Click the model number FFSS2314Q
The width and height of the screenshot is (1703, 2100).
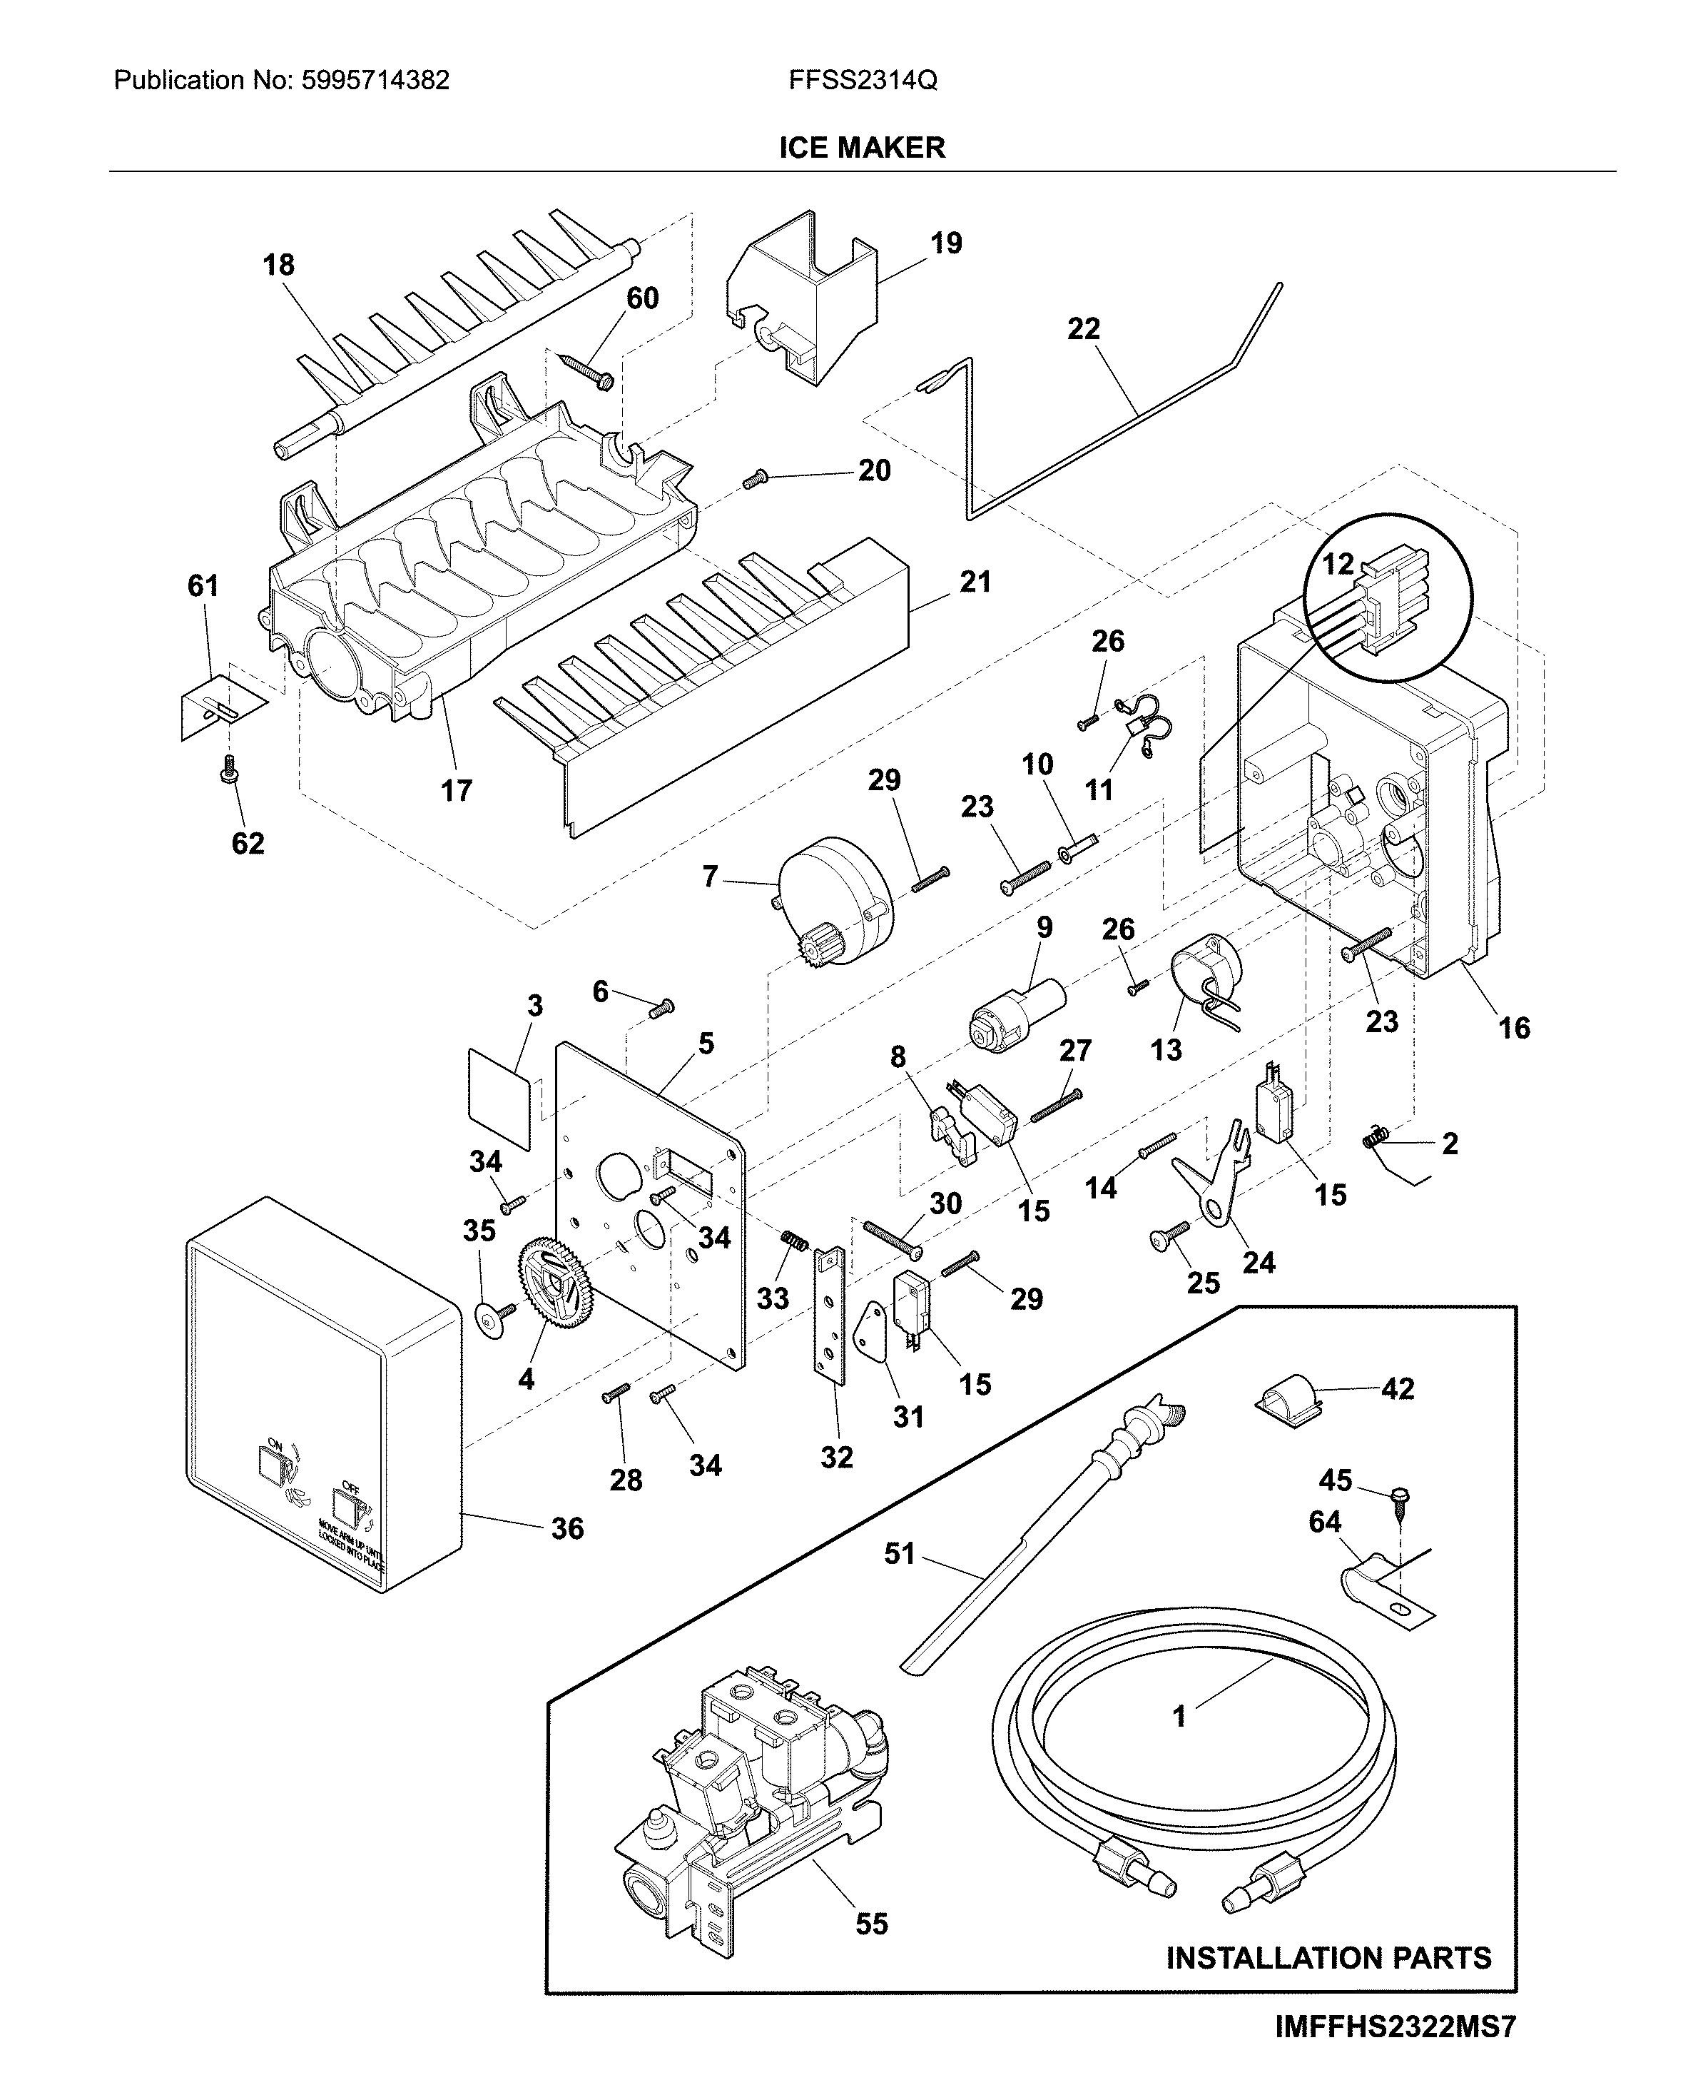[863, 81]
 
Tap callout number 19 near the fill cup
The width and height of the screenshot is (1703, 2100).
[946, 243]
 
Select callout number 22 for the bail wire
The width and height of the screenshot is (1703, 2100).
[1083, 329]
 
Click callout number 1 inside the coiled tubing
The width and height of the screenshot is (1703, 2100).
[1179, 1716]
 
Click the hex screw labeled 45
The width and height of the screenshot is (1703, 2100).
[1398, 1495]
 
